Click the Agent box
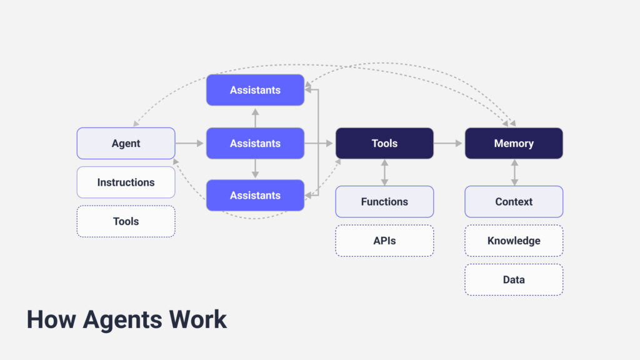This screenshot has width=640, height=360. tap(126, 143)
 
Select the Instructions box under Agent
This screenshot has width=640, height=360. tap(126, 182)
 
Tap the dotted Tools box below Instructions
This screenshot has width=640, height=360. tap(126, 221)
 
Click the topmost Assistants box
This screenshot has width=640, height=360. tap(255, 90)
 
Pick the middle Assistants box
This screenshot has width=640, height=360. tap(255, 143)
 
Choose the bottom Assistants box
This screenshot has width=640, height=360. tap(255, 195)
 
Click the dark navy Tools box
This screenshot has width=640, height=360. tap(384, 143)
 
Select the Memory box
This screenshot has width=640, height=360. tap(514, 143)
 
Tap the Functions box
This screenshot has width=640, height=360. tap(384, 201)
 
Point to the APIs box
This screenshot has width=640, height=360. tap(384, 241)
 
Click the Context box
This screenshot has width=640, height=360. tap(514, 201)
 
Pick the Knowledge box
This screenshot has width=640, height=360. tap(514, 241)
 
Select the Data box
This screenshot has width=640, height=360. tap(514, 279)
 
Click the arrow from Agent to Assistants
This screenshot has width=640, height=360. tap(190, 143)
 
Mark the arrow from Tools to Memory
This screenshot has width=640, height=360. tap(449, 143)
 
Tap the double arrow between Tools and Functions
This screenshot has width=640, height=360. tap(384, 172)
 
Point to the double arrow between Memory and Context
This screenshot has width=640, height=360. tap(514, 172)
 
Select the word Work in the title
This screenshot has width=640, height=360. tap(198, 319)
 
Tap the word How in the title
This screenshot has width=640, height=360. tap(51, 319)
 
